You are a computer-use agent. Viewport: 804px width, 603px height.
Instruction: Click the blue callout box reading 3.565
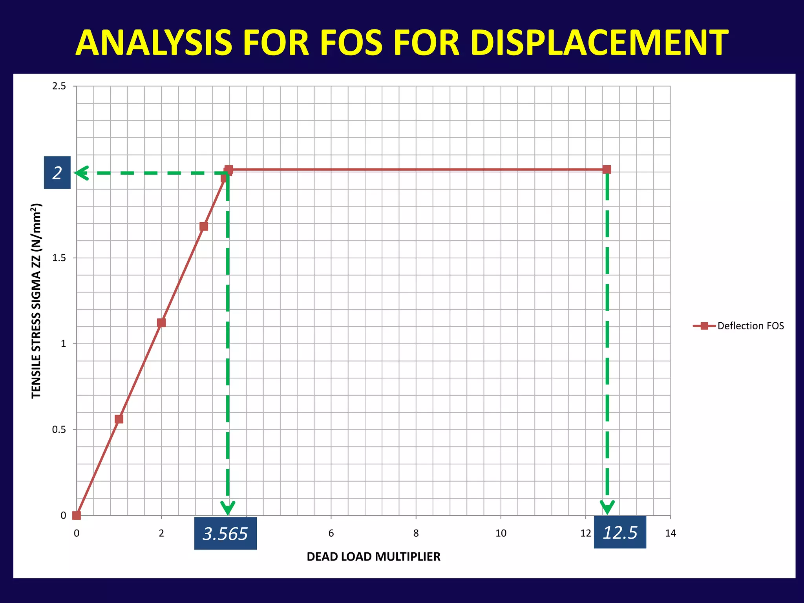pos(225,534)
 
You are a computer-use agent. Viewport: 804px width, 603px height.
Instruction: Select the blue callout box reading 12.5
pos(620,532)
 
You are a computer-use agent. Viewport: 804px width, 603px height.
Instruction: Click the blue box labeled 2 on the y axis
pos(57,173)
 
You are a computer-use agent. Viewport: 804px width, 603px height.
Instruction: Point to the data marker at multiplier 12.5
pos(607,170)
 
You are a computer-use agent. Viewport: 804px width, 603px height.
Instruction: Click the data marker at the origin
pos(77,515)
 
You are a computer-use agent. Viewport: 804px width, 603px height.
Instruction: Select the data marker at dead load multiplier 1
pos(119,419)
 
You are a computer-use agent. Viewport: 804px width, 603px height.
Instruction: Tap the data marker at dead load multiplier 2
pos(161,323)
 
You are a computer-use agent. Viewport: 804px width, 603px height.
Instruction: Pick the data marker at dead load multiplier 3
pos(204,227)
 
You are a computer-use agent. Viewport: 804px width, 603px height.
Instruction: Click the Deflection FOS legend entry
pos(738,326)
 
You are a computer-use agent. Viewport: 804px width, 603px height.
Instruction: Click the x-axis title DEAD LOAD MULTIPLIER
pos(373,557)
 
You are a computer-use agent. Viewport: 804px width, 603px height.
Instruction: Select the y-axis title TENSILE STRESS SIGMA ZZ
pos(36,301)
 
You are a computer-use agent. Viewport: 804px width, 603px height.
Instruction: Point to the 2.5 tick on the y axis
pos(59,86)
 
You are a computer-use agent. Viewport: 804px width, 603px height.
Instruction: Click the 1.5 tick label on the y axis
pos(59,258)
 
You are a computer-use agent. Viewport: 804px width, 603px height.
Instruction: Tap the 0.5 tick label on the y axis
pos(59,429)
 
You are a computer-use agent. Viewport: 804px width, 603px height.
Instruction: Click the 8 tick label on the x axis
pos(416,533)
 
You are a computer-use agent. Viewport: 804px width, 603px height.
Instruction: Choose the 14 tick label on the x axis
pos(671,533)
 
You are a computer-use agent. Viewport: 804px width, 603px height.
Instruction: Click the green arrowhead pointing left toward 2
pos(81,173)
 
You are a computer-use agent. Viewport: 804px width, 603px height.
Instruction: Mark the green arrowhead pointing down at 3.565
pos(228,508)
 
